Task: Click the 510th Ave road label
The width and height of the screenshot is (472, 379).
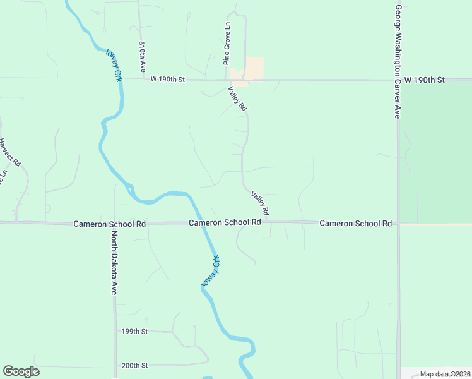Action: tap(143, 57)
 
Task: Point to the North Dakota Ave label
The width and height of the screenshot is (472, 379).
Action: tap(114, 263)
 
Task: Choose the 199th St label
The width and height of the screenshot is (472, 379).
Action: tap(134, 331)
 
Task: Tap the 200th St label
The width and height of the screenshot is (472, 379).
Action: tap(134, 365)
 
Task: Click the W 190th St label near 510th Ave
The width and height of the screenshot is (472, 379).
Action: tap(167, 80)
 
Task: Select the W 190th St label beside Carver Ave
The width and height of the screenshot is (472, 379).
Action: tap(425, 80)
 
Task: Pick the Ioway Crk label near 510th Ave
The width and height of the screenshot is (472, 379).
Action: tap(114, 65)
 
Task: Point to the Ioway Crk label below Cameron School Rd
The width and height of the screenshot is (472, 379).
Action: tap(211, 272)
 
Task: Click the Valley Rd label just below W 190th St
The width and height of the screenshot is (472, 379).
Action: tap(237, 99)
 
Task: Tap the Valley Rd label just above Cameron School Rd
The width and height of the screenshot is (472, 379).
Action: tap(260, 202)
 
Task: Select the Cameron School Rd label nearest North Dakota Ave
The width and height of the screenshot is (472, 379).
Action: tap(110, 224)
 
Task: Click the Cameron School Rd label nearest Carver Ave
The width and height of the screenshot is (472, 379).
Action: tap(356, 223)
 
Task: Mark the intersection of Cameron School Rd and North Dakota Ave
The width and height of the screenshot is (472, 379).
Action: tap(114, 223)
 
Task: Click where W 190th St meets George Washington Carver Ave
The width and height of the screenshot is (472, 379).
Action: tap(398, 80)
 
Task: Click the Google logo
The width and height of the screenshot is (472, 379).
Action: tap(21, 371)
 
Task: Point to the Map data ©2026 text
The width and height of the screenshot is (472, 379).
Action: tap(444, 374)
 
